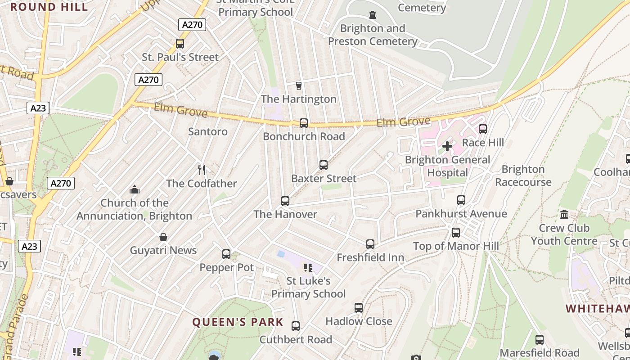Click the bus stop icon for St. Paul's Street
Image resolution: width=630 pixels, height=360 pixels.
point(180,44)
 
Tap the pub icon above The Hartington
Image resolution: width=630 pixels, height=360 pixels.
point(298,85)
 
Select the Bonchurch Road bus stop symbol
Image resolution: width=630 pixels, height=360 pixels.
point(304,123)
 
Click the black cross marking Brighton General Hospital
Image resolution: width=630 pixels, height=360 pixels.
point(447,146)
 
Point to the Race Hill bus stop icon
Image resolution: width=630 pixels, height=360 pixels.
point(483,129)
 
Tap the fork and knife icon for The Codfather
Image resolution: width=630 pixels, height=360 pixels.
point(202,170)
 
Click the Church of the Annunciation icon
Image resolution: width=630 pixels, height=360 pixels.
point(134,189)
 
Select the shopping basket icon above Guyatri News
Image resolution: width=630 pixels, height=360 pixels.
point(163,237)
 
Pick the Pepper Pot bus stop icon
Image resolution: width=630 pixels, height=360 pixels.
point(226,254)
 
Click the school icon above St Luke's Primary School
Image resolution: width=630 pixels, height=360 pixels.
point(308,268)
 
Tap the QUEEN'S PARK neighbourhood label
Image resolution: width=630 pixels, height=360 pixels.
point(238,322)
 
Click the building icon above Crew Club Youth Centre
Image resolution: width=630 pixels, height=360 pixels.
point(564,214)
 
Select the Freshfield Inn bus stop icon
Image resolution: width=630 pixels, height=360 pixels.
point(370,244)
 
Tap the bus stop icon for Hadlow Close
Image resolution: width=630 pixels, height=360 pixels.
point(359,308)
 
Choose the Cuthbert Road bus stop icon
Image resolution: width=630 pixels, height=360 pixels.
point(296,326)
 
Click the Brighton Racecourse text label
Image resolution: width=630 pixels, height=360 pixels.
point(523,175)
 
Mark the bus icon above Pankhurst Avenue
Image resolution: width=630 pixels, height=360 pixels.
point(461,200)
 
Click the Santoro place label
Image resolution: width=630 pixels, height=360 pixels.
point(208,131)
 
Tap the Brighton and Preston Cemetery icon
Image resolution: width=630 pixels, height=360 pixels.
point(373,15)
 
